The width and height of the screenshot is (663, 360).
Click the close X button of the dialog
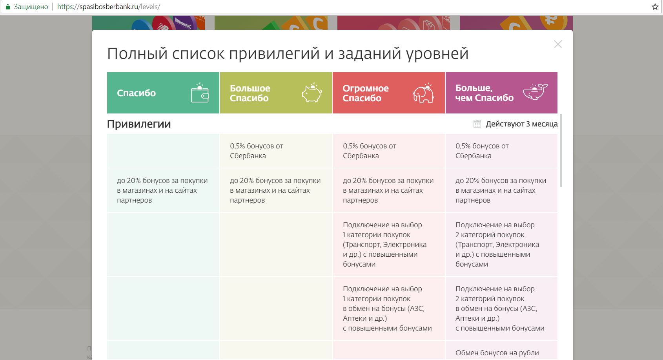point(557,44)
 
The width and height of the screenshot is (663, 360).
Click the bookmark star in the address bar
point(655,7)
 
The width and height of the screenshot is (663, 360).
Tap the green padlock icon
point(8,7)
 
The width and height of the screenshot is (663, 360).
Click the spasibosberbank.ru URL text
point(109,7)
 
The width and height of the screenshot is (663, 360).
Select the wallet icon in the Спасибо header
point(200,93)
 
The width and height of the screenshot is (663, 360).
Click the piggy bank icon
point(311,93)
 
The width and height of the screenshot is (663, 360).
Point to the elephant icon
point(423,93)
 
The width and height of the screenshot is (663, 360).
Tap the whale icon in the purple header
point(535,92)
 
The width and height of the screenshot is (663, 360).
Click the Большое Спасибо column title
point(250,93)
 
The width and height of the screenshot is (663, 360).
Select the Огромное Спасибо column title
point(366,93)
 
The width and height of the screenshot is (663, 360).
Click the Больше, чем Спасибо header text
point(484,93)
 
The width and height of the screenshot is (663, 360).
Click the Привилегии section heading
point(139,124)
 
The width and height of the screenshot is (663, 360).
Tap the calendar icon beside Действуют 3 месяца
point(477,124)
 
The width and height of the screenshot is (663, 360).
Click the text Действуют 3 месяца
point(521,124)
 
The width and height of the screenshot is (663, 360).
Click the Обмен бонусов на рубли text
point(497,353)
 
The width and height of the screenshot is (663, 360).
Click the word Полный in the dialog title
point(137,54)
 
